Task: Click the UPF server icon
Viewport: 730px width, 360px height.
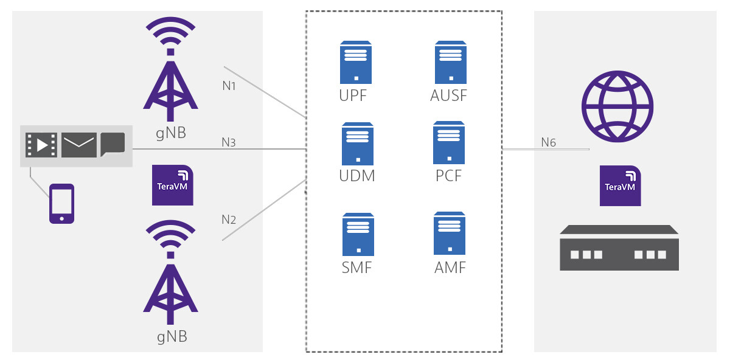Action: (x=356, y=62)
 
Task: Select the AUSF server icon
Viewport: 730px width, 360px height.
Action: (x=451, y=62)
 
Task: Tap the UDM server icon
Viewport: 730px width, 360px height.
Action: (x=357, y=144)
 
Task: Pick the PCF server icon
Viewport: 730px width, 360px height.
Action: (x=449, y=142)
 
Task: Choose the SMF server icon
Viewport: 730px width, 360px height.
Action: (x=357, y=234)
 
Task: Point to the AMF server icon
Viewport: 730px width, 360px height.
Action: (x=450, y=233)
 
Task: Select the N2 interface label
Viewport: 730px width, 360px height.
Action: (x=229, y=220)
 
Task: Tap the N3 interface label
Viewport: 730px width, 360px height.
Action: (x=229, y=143)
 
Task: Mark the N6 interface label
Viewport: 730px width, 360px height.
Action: (x=548, y=143)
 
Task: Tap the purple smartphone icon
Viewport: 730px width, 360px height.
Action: (x=61, y=204)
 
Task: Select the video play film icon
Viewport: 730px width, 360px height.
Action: (x=41, y=145)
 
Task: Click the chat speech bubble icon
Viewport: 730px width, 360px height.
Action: (x=113, y=144)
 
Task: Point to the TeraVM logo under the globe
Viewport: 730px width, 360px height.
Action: (x=620, y=185)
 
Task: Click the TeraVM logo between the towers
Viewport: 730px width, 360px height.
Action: (x=172, y=185)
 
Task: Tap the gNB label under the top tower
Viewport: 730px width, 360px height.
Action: (x=170, y=132)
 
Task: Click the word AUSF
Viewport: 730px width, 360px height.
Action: (x=451, y=95)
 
